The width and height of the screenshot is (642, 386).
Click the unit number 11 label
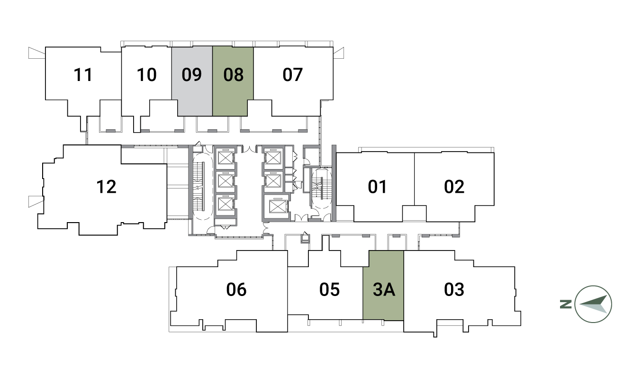click(83, 75)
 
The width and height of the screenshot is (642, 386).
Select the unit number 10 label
click(146, 75)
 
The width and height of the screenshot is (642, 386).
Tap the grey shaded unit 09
click(192, 81)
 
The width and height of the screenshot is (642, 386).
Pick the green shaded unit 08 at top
click(233, 81)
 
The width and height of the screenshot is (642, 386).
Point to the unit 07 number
click(292, 75)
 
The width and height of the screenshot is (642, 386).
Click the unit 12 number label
click(106, 187)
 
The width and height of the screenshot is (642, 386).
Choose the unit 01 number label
click(378, 187)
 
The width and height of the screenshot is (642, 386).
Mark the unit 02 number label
click(454, 187)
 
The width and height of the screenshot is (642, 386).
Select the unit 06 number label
click(236, 289)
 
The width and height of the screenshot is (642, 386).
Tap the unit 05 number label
click(329, 289)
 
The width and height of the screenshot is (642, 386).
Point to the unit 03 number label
click(454, 289)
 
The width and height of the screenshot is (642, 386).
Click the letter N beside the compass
click(565, 304)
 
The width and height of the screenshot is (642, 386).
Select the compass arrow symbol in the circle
click(593, 304)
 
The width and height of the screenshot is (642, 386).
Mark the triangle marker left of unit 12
click(34, 201)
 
